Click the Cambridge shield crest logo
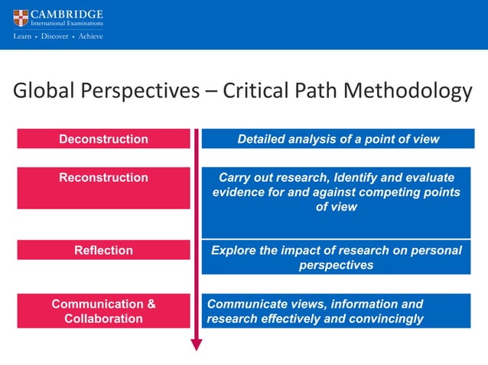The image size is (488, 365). [20, 18]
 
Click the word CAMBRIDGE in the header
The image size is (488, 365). [67, 14]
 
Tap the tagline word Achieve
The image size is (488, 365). [89, 36]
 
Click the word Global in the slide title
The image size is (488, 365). [44, 92]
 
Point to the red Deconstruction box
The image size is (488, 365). [103, 139]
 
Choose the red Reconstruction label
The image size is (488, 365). [103, 178]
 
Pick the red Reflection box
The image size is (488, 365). [103, 250]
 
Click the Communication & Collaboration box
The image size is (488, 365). [103, 311]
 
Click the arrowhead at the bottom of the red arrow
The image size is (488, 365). [196, 344]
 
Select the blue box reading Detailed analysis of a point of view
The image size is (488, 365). [337, 139]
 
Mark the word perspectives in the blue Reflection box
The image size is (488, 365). [337, 265]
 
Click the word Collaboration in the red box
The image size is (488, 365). [103, 318]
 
